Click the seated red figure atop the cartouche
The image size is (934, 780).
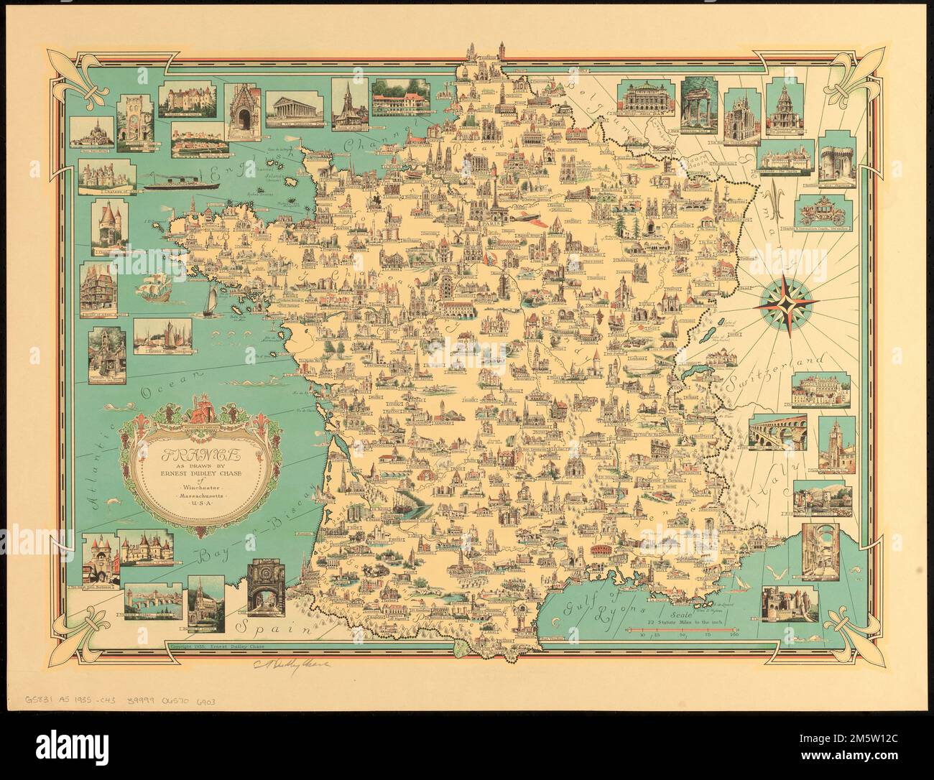pyautogui.click(x=200, y=414)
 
